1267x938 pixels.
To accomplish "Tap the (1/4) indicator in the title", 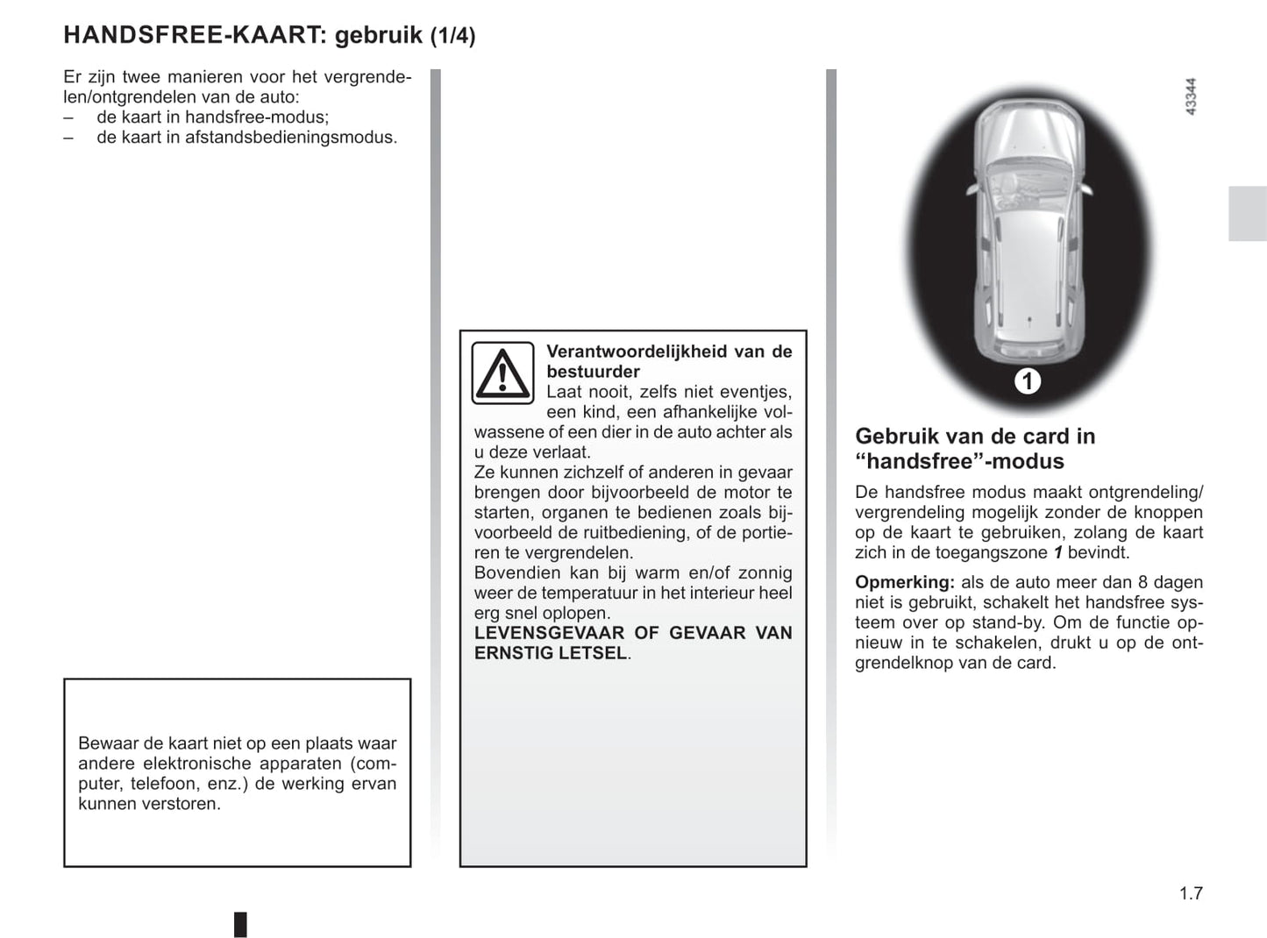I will tap(452, 36).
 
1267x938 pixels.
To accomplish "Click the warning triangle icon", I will tap(502, 373).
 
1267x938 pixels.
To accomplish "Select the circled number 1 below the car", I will tap(1027, 381).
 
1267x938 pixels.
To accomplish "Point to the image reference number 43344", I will tap(1190, 97).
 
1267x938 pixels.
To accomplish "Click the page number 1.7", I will tap(1191, 893).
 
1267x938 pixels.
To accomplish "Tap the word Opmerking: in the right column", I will tap(904, 582).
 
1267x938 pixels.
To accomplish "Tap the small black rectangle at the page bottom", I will tap(240, 924).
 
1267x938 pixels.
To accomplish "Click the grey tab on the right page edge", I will tap(1247, 213).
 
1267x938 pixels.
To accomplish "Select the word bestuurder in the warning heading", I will tap(593, 372).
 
